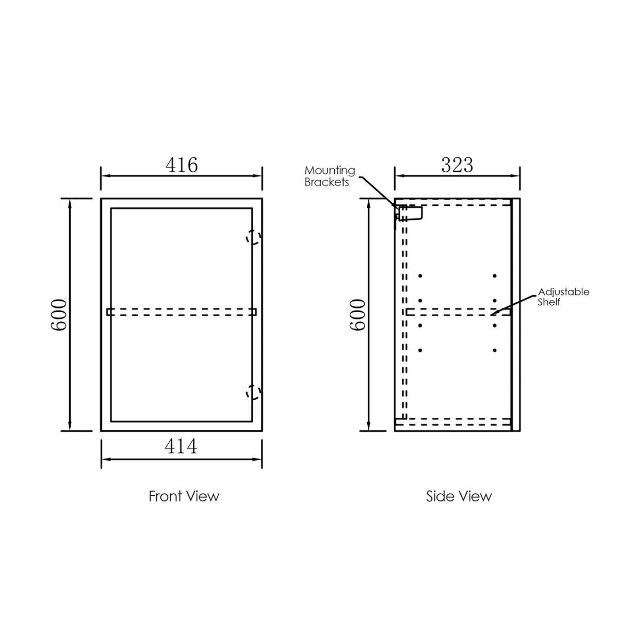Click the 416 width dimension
pyautogui.click(x=182, y=165)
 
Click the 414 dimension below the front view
pyautogui.click(x=181, y=446)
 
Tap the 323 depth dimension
pyautogui.click(x=457, y=165)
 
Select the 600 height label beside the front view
pyautogui.click(x=59, y=315)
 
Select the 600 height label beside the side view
pyautogui.click(x=357, y=315)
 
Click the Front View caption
pyautogui.click(x=184, y=496)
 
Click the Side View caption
pyautogui.click(x=459, y=496)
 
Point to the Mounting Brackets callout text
pyautogui.click(x=330, y=176)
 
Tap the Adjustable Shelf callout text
pyautogui.click(x=563, y=297)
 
